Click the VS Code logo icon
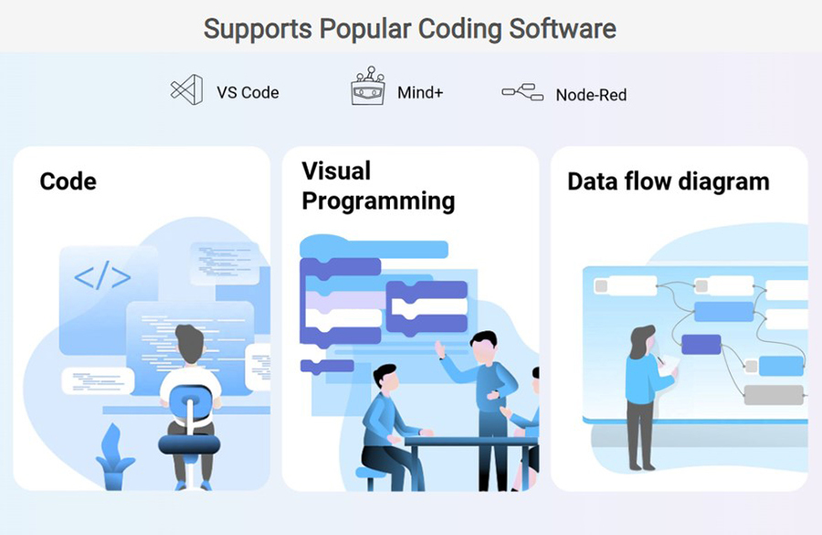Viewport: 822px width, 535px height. (186, 91)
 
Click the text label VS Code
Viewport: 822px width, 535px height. (248, 92)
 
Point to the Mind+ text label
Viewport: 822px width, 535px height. (420, 92)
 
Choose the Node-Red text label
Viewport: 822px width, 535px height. (591, 94)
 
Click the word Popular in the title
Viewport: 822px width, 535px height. (364, 28)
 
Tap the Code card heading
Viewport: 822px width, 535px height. (68, 181)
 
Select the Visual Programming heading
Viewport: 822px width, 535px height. (377, 186)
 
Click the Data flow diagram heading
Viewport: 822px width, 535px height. (668, 181)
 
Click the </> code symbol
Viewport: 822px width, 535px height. (101, 277)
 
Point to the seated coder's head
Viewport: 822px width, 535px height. (190, 343)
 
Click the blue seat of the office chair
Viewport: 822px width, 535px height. (189, 444)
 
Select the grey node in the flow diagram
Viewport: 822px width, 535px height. (773, 395)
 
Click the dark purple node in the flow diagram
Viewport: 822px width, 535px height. (701, 344)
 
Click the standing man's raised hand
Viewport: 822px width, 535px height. (439, 348)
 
